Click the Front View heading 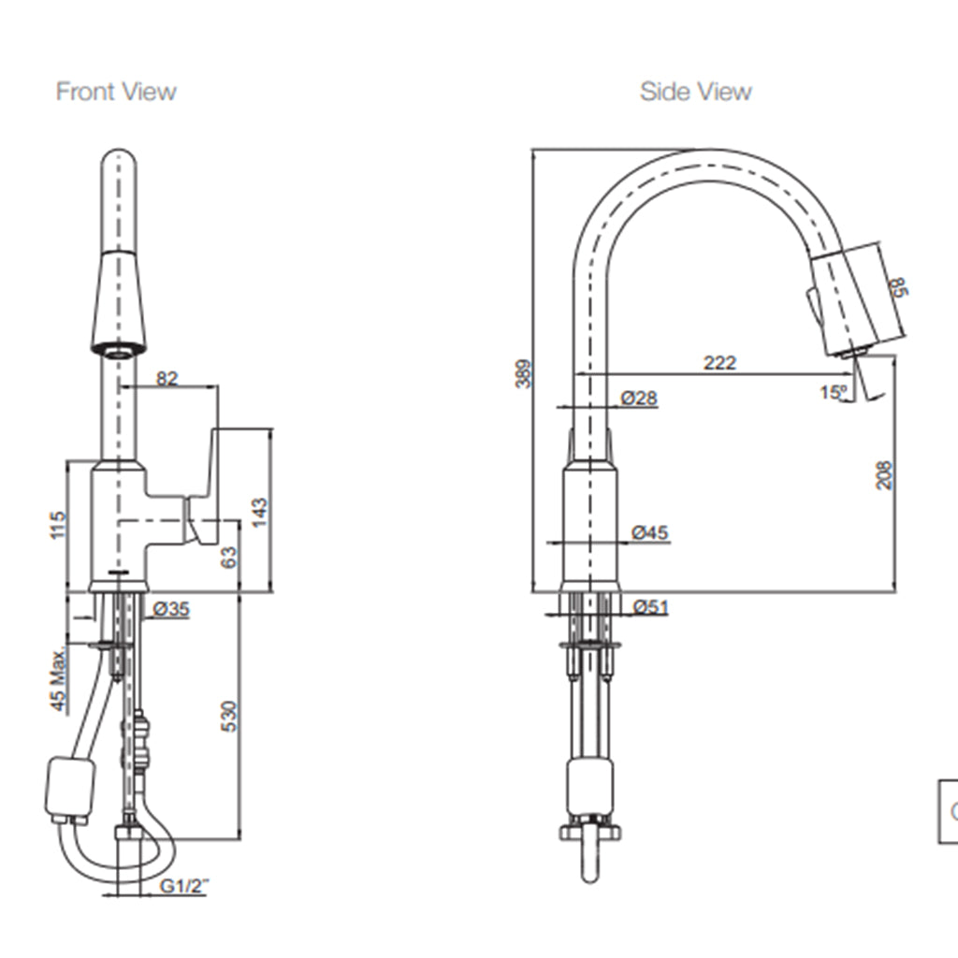click(x=116, y=92)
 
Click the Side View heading click(x=695, y=92)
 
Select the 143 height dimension click(x=261, y=511)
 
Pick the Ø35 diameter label click(x=170, y=609)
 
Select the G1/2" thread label click(x=183, y=885)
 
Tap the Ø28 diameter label click(x=639, y=399)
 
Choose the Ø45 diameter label click(x=649, y=533)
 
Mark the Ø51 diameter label click(x=650, y=607)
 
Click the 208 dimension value click(x=884, y=475)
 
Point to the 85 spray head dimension click(x=899, y=286)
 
